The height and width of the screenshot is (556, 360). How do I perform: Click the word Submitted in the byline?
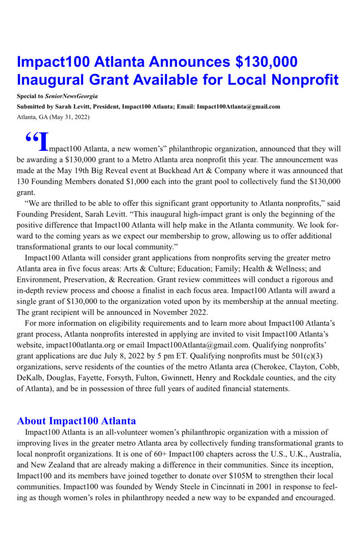[x=32, y=106]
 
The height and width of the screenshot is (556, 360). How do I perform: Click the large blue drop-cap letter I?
[x=43, y=142]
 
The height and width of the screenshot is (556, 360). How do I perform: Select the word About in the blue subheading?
[x=31, y=421]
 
